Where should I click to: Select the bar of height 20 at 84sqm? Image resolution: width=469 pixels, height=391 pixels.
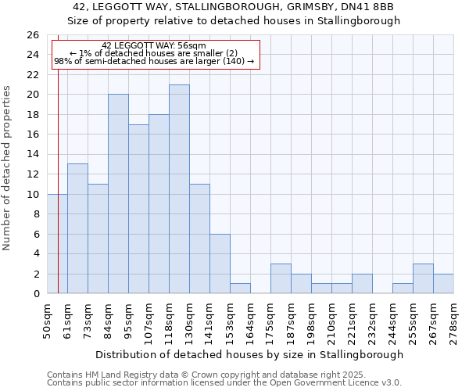click(x=118, y=193)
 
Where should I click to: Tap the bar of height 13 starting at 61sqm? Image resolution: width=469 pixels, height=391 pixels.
click(x=77, y=228)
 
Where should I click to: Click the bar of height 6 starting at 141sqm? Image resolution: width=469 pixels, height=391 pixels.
click(x=220, y=264)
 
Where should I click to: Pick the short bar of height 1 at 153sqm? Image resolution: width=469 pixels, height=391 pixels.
click(x=240, y=288)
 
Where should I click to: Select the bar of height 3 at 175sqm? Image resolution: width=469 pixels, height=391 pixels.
click(x=281, y=278)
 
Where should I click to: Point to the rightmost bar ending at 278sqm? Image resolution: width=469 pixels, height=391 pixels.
click(x=443, y=283)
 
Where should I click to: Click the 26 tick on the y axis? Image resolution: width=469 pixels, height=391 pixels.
click(x=32, y=35)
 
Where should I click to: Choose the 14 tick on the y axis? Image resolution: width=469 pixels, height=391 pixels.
click(x=32, y=154)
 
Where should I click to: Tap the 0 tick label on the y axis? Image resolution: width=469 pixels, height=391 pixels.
click(x=35, y=294)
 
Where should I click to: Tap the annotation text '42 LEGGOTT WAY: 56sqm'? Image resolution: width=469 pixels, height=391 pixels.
click(x=154, y=46)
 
